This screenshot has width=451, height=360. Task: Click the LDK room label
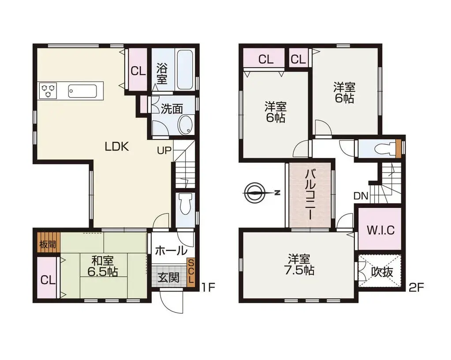pyautogui.click(x=116, y=147)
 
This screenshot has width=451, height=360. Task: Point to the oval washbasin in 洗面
pyautogui.click(x=185, y=124)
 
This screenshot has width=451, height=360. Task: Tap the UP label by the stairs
pyautogui.click(x=164, y=150)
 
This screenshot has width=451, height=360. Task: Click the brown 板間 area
pyautogui.click(x=46, y=244)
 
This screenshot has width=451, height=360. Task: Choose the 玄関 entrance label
pyautogui.click(x=168, y=277)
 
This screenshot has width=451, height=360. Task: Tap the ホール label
pyautogui.click(x=170, y=251)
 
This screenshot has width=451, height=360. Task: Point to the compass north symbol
pyautogui.click(x=254, y=192)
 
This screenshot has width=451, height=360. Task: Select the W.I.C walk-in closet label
pyautogui.click(x=379, y=229)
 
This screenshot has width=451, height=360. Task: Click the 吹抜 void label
pyautogui.click(x=380, y=272)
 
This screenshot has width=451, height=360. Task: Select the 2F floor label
pyautogui.click(x=416, y=288)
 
